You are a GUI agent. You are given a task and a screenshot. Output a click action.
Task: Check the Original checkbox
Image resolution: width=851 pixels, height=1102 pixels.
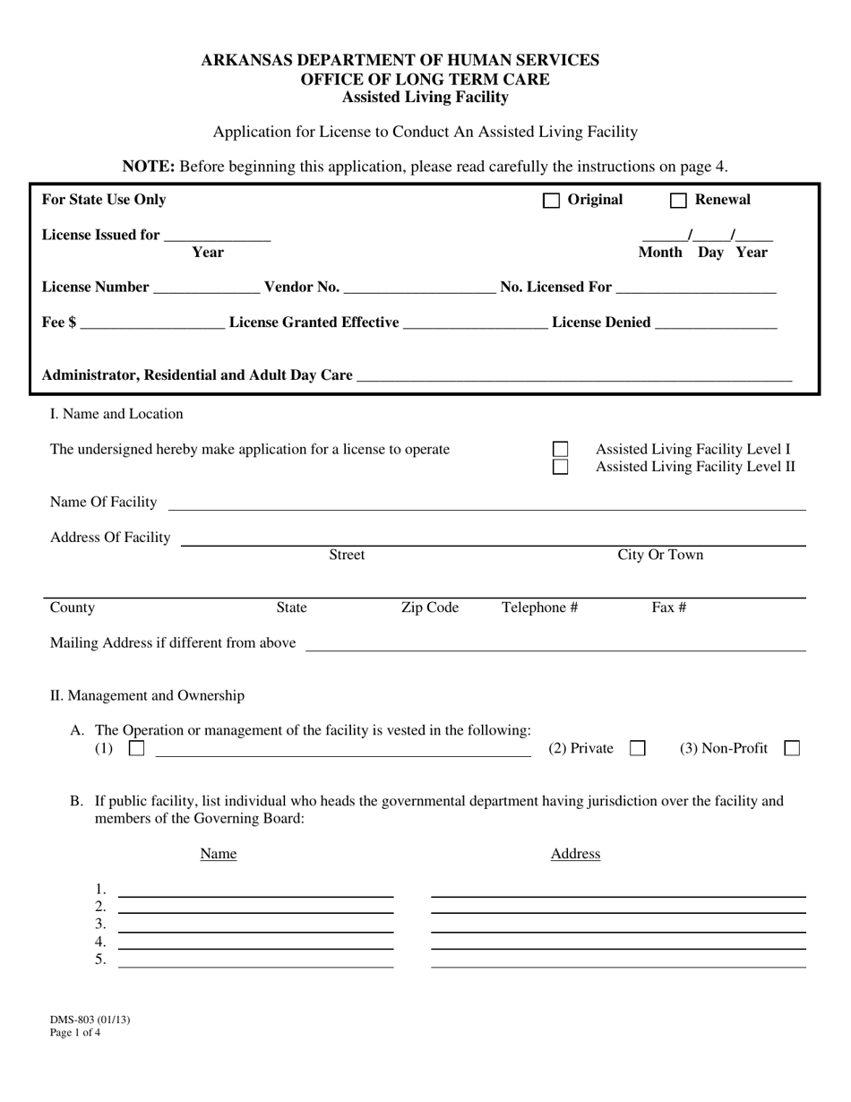552,201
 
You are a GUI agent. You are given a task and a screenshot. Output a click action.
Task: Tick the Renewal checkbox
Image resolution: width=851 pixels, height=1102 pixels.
678,201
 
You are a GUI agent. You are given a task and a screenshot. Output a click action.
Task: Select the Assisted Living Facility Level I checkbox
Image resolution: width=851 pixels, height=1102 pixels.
560,449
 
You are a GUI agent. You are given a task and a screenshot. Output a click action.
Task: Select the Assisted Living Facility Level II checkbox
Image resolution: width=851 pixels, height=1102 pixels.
560,467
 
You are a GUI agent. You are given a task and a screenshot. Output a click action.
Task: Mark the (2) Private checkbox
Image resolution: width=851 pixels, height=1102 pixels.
638,748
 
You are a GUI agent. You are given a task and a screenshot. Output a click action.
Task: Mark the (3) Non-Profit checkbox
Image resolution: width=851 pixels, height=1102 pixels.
792,748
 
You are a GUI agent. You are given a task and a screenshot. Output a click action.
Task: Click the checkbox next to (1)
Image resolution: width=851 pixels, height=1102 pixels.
136,748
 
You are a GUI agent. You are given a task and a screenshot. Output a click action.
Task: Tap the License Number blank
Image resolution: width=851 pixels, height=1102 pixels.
207,288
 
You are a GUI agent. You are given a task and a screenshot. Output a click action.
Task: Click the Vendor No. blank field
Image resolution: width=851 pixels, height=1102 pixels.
419,288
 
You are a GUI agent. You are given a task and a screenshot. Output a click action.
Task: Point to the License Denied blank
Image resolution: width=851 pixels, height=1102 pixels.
716,323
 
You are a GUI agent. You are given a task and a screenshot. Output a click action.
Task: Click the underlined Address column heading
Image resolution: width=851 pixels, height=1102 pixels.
575,854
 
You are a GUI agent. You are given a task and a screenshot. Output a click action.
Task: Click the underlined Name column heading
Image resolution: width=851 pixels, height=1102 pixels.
218,854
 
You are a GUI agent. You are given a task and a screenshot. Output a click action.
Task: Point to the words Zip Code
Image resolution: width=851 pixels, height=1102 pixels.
429,607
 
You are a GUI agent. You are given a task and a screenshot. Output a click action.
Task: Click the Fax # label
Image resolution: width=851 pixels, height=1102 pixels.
668,607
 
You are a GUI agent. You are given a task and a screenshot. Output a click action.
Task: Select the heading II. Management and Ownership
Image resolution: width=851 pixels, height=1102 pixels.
147,695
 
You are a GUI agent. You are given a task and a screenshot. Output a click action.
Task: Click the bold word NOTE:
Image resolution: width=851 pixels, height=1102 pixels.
148,166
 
